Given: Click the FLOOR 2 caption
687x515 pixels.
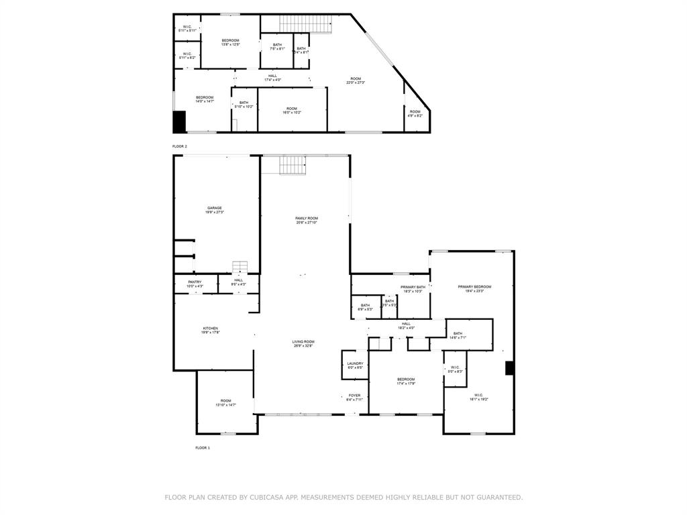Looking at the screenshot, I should point(180,146).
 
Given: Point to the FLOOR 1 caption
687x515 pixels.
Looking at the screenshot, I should point(203,447).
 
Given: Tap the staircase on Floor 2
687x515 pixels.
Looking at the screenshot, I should point(306,23).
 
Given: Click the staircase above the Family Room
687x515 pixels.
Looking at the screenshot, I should point(293,164).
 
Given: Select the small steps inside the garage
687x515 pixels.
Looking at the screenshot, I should point(240,267).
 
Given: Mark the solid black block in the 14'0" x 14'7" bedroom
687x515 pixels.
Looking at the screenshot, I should point(179,121).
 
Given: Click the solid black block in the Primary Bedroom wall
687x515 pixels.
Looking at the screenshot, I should point(509,367).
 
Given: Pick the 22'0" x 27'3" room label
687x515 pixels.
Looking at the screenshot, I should point(356,80).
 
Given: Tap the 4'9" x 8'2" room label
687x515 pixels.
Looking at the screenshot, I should point(415,113).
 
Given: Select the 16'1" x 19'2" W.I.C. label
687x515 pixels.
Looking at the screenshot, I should point(479,397).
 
